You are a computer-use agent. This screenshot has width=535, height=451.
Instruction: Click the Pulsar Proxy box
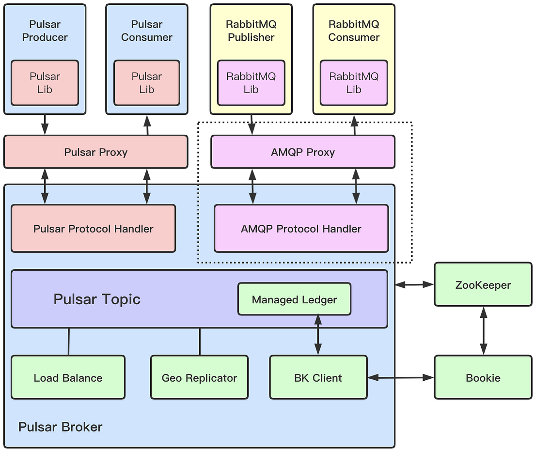95,152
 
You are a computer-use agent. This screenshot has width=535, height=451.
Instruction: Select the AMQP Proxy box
303,152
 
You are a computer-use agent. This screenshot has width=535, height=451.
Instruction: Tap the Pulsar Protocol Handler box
93,229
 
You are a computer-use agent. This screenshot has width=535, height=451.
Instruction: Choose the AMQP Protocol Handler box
301,229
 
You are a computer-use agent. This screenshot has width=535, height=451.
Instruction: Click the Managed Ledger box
294,300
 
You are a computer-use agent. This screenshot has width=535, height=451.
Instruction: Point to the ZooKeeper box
483,285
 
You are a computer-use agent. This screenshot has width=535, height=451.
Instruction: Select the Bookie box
483,378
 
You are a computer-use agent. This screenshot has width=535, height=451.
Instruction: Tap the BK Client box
318,378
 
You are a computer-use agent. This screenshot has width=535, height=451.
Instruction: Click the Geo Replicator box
199,378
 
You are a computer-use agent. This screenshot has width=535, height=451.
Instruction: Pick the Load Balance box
68,378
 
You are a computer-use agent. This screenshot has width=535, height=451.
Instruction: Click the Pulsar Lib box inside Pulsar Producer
45,83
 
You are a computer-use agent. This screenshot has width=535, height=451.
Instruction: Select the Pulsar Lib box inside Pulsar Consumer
146,83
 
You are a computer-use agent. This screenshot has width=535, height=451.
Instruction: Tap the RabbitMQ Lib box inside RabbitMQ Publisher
251,83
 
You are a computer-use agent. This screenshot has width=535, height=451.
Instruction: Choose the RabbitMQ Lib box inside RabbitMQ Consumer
354,83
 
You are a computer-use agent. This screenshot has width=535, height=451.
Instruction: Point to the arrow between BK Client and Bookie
400,377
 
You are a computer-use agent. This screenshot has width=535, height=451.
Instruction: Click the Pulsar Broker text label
61,427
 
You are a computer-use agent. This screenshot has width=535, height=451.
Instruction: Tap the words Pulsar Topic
97,299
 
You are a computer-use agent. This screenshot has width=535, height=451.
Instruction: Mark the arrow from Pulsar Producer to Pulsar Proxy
45,124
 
